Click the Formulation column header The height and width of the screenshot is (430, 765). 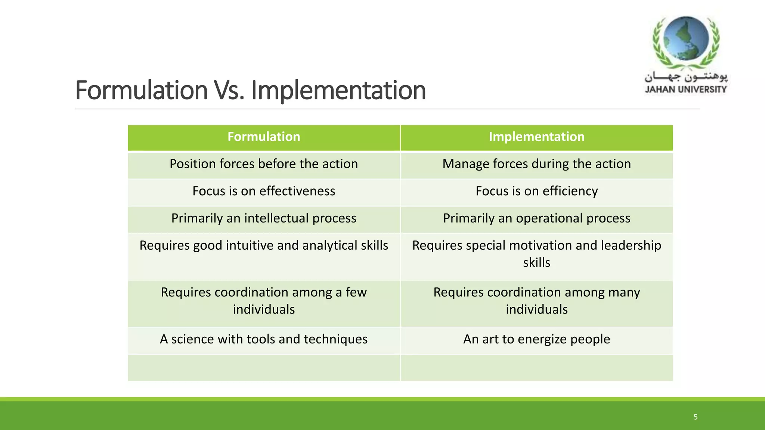pos(264,137)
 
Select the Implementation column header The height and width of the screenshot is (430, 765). pos(536,137)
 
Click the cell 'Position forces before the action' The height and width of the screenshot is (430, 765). pos(264,164)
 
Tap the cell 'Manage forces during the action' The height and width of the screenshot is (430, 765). pos(536,164)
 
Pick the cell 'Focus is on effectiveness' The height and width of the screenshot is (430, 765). pos(264,191)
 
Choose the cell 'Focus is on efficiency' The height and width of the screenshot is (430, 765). pos(536,191)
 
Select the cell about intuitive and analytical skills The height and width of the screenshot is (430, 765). pos(264,246)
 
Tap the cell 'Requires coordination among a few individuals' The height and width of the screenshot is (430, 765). pos(264,301)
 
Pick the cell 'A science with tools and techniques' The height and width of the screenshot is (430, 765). pos(264,339)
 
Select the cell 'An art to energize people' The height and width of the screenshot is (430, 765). pos(536,339)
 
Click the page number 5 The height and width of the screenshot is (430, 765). pos(696,417)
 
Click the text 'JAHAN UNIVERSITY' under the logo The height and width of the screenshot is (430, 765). pos(686,90)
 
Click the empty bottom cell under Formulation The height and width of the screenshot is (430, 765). pos(264,368)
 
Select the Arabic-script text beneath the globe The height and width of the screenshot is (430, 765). pos(686,77)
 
